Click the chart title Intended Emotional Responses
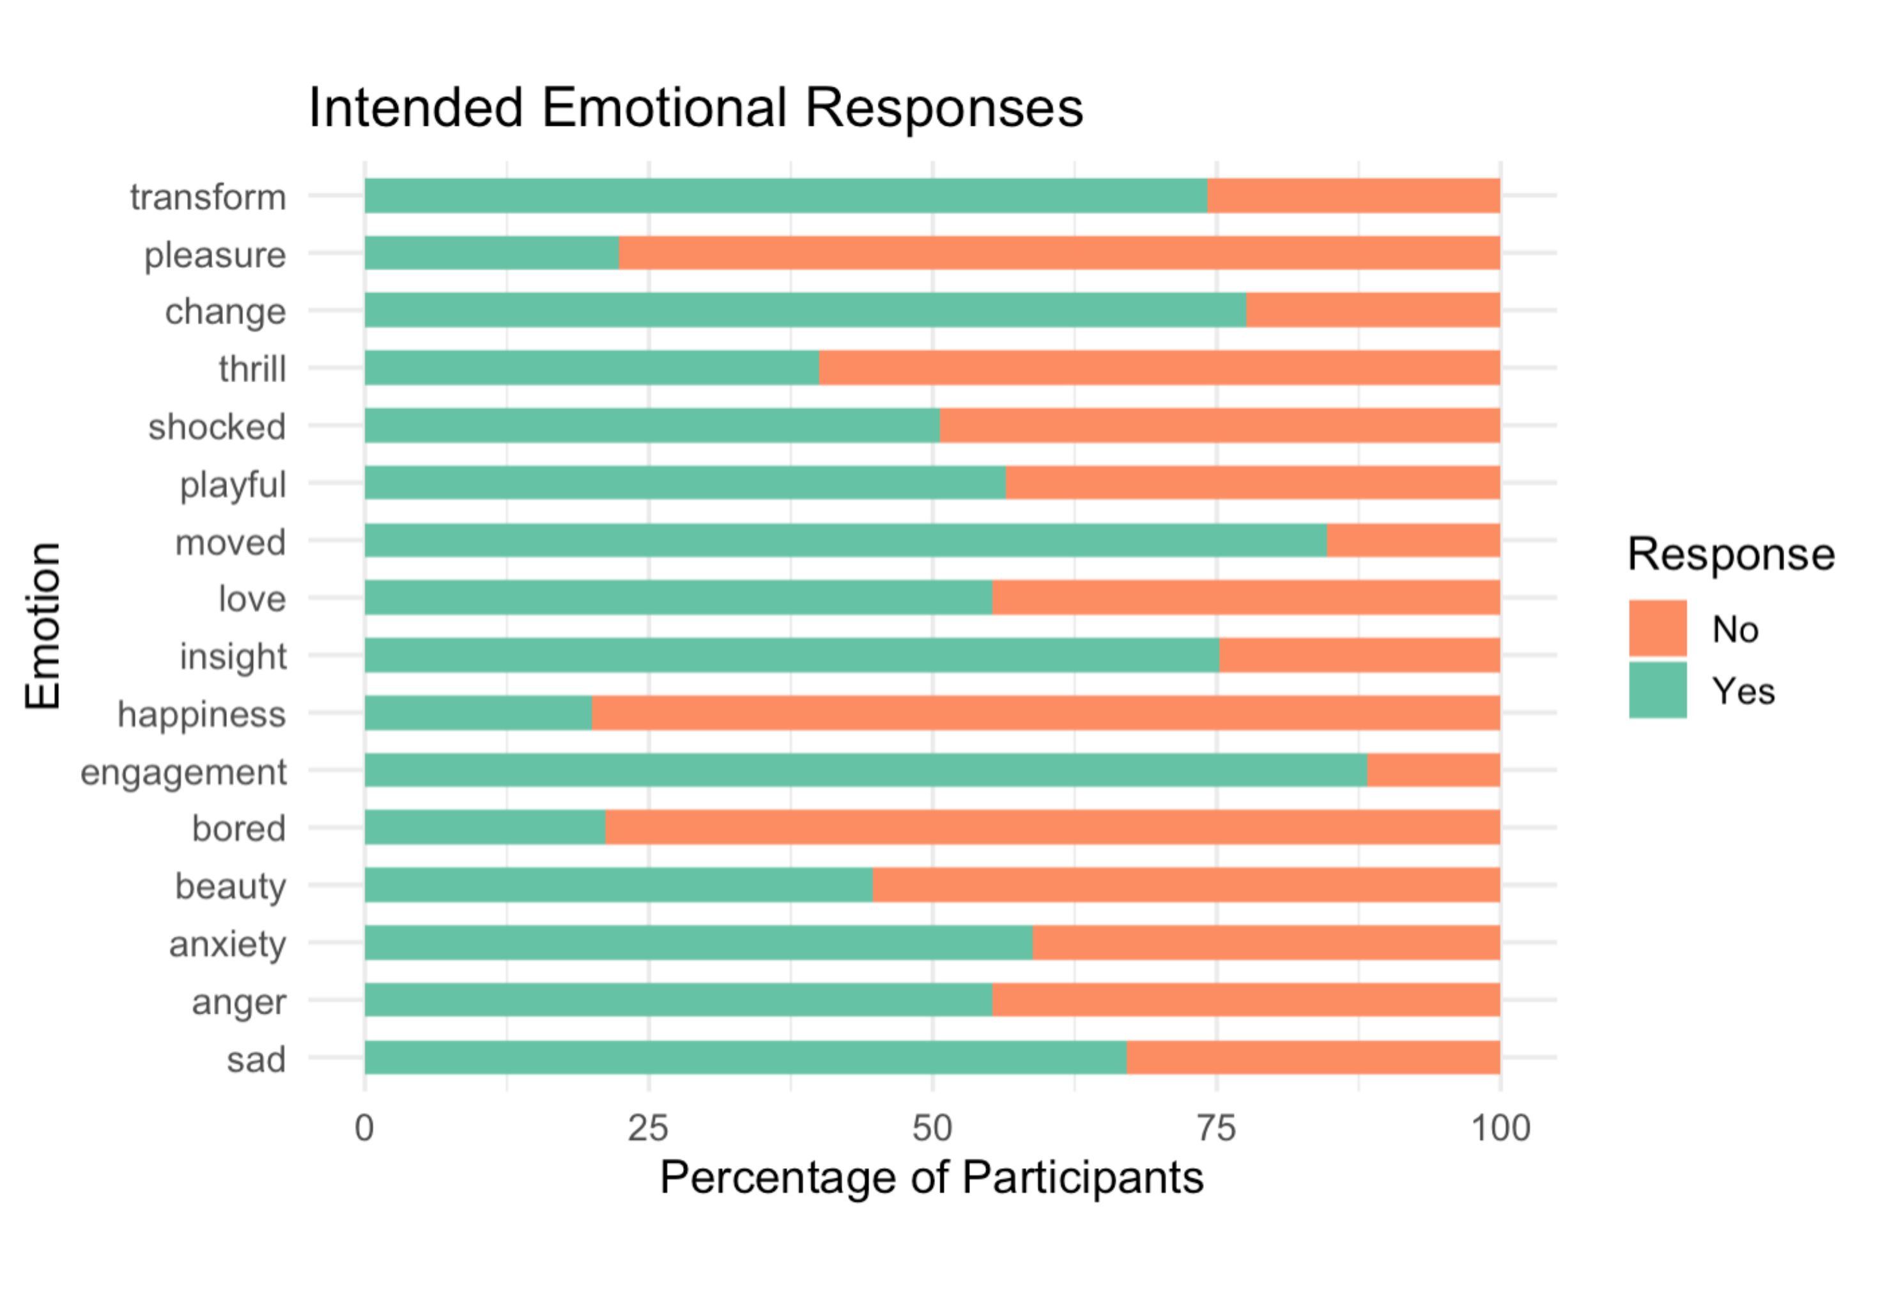point(695,108)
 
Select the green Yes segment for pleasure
point(491,252)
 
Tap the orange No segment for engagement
point(1433,770)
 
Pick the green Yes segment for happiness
point(478,713)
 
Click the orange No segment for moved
point(1413,540)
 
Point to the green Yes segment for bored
point(485,827)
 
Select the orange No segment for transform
point(1353,196)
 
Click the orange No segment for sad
point(1313,1058)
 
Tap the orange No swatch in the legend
point(1657,628)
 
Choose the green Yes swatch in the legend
point(1657,690)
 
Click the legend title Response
point(1730,555)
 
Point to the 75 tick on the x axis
point(1216,1128)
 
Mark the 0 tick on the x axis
point(365,1128)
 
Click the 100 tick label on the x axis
point(1500,1128)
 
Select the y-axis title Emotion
point(42,626)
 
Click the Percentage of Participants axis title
point(931,1178)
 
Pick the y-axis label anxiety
point(227,944)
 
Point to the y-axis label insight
point(233,656)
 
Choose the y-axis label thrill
point(252,369)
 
